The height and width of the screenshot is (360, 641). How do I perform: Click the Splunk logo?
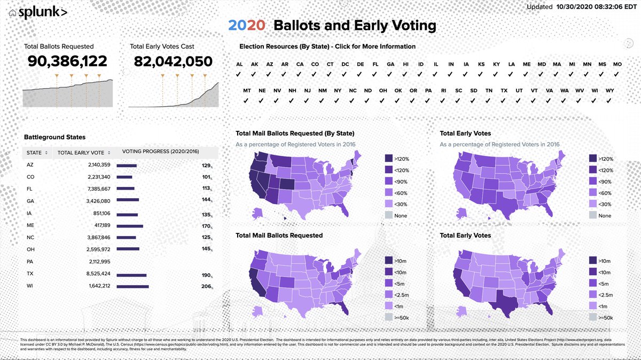click(x=43, y=12)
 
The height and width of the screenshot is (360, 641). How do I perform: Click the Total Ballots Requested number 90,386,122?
click(x=67, y=61)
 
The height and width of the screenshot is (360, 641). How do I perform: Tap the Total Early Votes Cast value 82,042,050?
click(x=173, y=61)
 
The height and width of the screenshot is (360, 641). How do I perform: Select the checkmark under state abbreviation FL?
click(x=376, y=74)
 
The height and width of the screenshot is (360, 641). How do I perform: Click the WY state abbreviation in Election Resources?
click(x=609, y=91)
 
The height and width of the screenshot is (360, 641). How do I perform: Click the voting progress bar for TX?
click(x=131, y=276)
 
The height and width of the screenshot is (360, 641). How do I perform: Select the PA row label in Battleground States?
click(x=30, y=261)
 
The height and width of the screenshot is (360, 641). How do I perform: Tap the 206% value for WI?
click(x=206, y=286)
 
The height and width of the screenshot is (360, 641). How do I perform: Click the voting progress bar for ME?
click(x=130, y=225)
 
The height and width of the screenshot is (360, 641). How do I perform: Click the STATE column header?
click(x=34, y=153)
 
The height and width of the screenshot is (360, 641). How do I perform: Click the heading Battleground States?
click(x=54, y=137)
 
